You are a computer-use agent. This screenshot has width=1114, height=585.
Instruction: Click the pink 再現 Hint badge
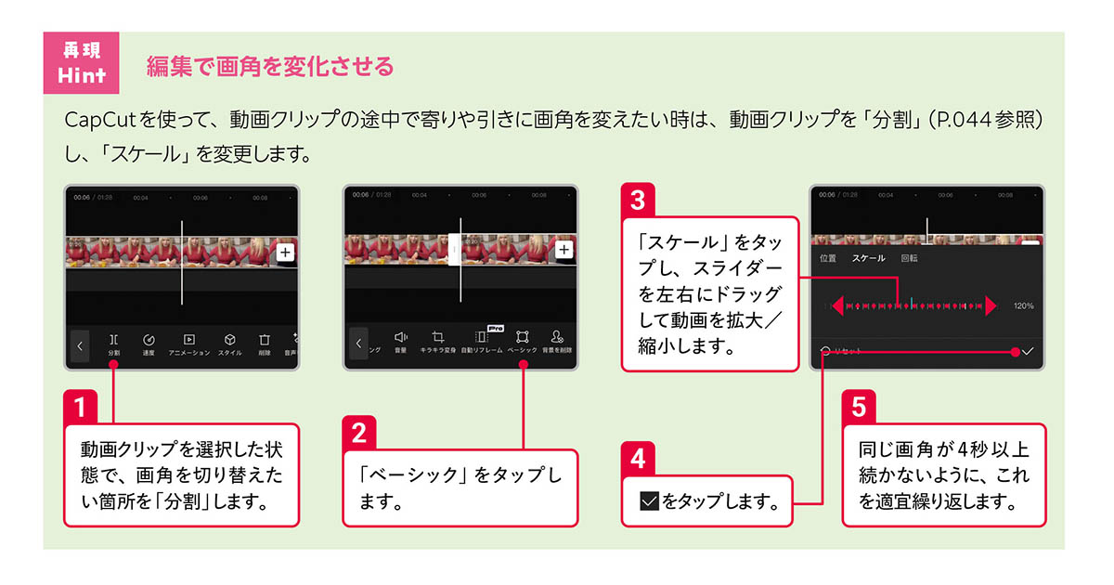coord(81,63)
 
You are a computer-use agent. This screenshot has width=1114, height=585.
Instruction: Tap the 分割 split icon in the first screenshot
coord(113,342)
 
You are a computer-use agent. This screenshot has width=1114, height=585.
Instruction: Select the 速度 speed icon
coord(149,342)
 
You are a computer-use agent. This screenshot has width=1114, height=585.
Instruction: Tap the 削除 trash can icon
coord(265,342)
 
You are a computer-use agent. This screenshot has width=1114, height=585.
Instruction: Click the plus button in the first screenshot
coord(285,252)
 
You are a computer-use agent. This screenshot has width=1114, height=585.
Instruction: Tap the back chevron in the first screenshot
coord(80,345)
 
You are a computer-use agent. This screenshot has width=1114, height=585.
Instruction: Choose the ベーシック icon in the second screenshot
coord(523,340)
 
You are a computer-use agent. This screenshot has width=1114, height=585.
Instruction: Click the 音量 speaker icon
coord(401,340)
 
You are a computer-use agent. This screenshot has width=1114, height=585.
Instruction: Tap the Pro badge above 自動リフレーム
coord(495,328)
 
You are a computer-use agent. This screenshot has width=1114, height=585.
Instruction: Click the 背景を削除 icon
coord(557,340)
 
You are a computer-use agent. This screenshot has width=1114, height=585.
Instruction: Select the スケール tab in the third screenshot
coord(868,258)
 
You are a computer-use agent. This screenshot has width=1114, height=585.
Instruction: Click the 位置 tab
coord(828,258)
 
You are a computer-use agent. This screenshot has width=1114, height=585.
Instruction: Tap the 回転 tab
coord(909,258)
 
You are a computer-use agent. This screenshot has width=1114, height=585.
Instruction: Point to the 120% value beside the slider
coord(1023,305)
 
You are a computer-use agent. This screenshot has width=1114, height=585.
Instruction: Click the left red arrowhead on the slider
coord(837,305)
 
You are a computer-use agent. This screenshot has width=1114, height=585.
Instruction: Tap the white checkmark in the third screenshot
coord(1028,352)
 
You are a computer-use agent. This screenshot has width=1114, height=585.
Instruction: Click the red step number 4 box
coord(638,458)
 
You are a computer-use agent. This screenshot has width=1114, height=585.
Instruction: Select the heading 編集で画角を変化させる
coord(270,67)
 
